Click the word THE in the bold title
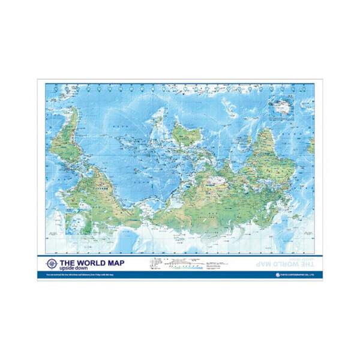tap(67, 262)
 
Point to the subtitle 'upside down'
tap(74, 268)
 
